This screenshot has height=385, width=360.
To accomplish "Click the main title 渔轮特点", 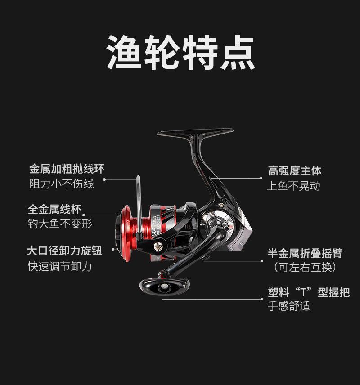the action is (180, 53).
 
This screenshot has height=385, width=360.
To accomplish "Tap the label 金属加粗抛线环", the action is (67, 169).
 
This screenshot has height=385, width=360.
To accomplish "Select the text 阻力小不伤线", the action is (62, 184).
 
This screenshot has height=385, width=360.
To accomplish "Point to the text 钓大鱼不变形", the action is (60, 223).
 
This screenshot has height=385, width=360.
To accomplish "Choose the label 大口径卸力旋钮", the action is (64, 251).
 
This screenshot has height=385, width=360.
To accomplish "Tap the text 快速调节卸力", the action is (60, 266).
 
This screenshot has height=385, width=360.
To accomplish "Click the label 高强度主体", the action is (295, 170).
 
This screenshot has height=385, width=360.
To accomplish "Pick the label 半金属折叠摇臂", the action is (305, 253).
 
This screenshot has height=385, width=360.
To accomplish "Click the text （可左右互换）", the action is (305, 267).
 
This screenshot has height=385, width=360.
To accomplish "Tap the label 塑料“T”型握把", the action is (308, 293).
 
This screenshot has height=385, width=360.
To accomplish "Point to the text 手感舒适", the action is (288, 307).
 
